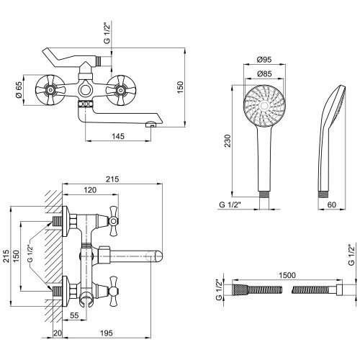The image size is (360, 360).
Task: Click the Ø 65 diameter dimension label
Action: [19, 90]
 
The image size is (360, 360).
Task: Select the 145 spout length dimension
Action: [118, 136]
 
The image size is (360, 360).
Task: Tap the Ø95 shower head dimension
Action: [264, 59]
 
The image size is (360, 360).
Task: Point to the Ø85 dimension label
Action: [264, 73]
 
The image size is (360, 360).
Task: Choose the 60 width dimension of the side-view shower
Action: [332, 204]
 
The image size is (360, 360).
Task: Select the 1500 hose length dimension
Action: [287, 275]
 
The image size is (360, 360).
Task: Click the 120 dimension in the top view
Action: [90, 190]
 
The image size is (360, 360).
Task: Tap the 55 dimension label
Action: [74, 315]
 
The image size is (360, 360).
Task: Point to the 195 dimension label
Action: [106, 333]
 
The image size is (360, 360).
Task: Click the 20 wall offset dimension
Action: [58, 333]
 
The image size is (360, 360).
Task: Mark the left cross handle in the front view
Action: [50, 90]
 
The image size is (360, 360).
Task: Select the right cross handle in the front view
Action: [121, 90]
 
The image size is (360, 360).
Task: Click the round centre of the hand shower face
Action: [264, 106]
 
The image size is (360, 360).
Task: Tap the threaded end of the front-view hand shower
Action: [264, 194]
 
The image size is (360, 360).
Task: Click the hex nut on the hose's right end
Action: [339, 289]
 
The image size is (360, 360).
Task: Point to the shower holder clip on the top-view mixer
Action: [86, 300]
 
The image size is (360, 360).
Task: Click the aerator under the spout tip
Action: [150, 125]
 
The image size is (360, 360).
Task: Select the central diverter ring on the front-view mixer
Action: [86, 90]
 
